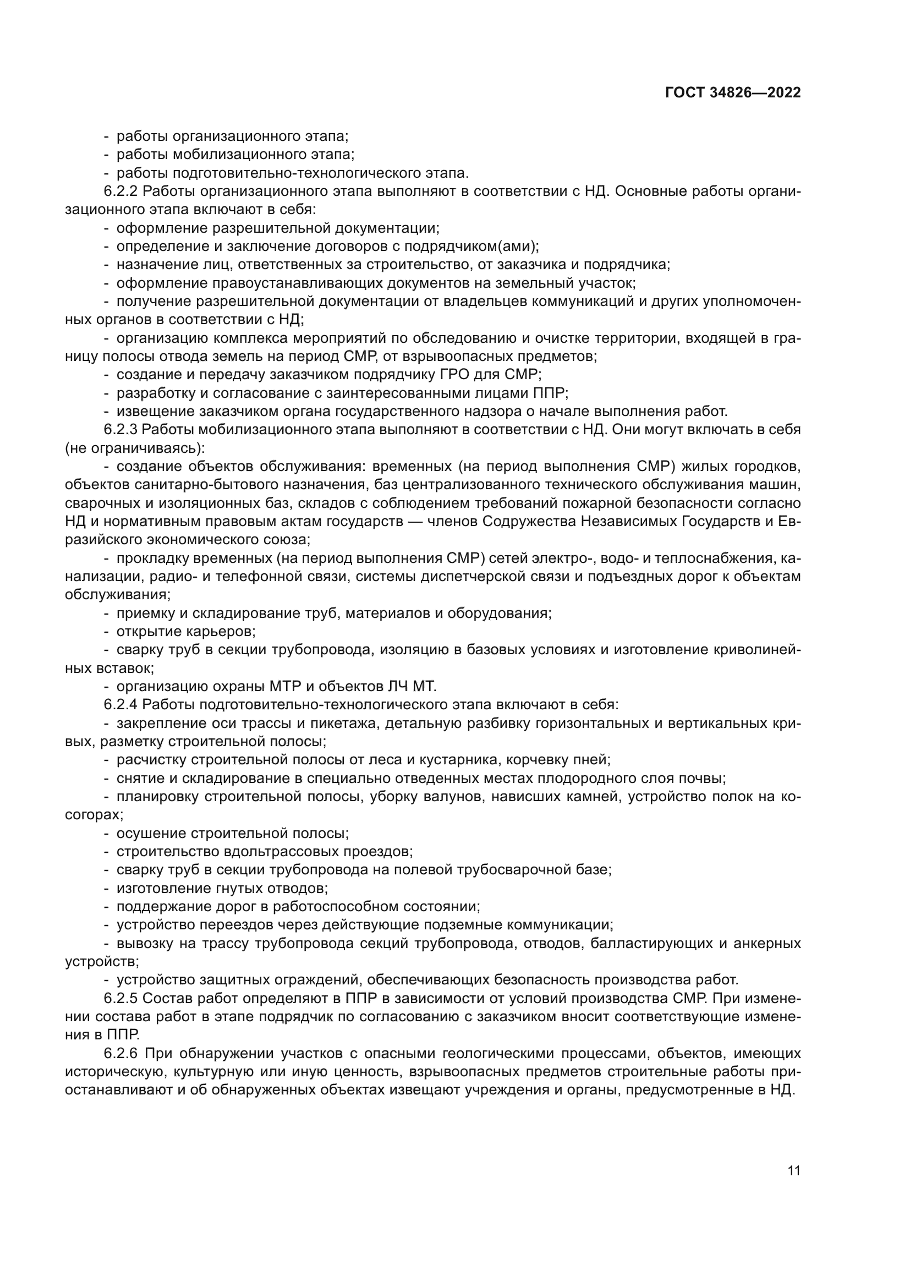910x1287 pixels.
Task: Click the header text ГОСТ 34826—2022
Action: [x=733, y=93]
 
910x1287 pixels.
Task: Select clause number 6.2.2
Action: [x=120, y=191]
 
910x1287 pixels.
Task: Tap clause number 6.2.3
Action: [x=120, y=430]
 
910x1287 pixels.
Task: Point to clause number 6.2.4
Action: [x=120, y=705]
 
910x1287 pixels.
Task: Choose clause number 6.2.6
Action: [x=120, y=1053]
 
